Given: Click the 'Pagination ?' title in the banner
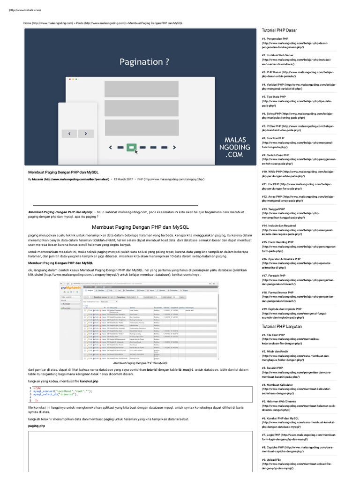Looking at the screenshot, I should click(144, 62).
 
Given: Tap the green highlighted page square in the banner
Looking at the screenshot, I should click(131, 147).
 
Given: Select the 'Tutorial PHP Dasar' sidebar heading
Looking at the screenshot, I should click(279, 30).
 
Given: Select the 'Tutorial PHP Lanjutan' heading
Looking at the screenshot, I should click(282, 326).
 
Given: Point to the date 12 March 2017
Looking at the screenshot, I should click(123, 179).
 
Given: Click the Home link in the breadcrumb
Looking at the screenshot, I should click(28, 22).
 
